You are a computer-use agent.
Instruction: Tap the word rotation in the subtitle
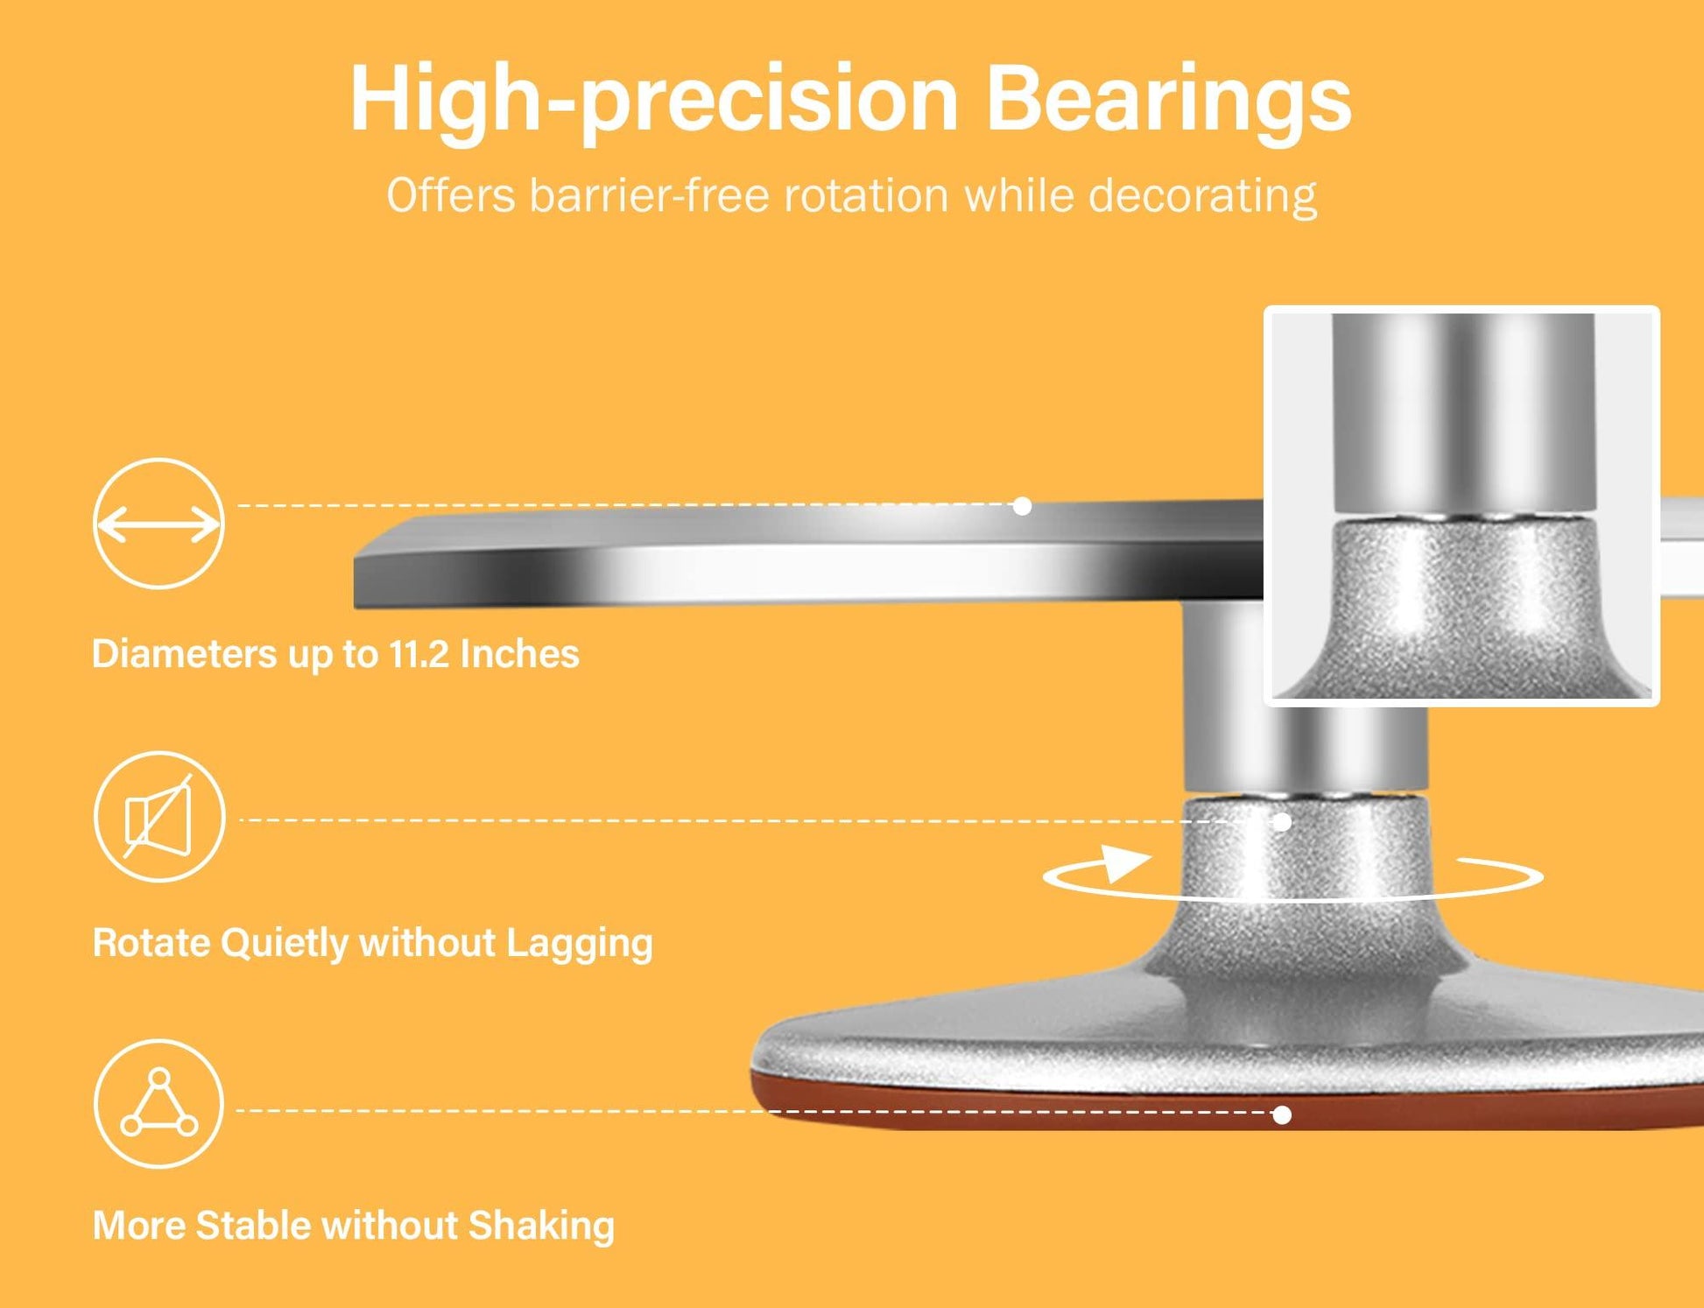(x=866, y=194)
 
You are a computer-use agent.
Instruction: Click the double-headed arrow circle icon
(x=158, y=524)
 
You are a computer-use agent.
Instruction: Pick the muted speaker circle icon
(x=159, y=816)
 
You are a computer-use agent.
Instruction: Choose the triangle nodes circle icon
(x=159, y=1103)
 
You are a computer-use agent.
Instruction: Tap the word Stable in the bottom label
(x=253, y=1225)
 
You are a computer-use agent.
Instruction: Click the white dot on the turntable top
(x=1022, y=506)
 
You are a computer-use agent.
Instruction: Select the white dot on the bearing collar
(x=1282, y=822)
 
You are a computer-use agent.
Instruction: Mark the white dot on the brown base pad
(x=1282, y=1115)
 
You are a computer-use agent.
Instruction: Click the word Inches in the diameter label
(x=519, y=654)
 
